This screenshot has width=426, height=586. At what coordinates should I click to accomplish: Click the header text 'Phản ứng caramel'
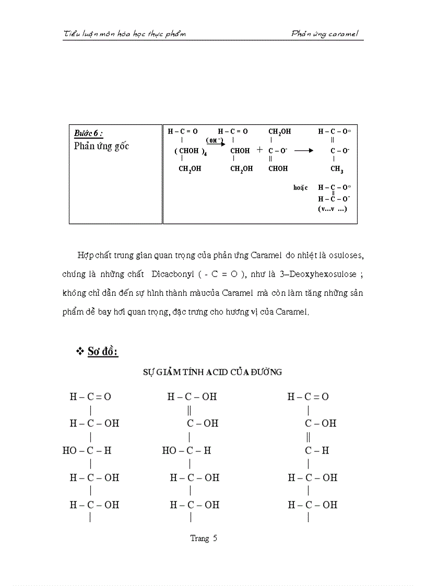click(327, 34)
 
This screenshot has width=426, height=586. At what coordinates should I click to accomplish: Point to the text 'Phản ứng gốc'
click(101, 146)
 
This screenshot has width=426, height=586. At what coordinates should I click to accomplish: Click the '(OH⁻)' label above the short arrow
click(214, 140)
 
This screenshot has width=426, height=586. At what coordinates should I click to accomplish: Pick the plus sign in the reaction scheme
click(259, 150)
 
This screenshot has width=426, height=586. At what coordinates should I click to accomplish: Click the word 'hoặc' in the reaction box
click(300, 187)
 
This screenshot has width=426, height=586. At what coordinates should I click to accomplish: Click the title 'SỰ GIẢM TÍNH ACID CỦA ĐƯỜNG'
click(212, 372)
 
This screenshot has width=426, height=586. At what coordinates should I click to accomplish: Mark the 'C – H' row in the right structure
click(317, 450)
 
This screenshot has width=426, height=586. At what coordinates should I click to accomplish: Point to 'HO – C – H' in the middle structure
click(186, 450)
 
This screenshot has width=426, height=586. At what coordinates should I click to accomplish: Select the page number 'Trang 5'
click(204, 539)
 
